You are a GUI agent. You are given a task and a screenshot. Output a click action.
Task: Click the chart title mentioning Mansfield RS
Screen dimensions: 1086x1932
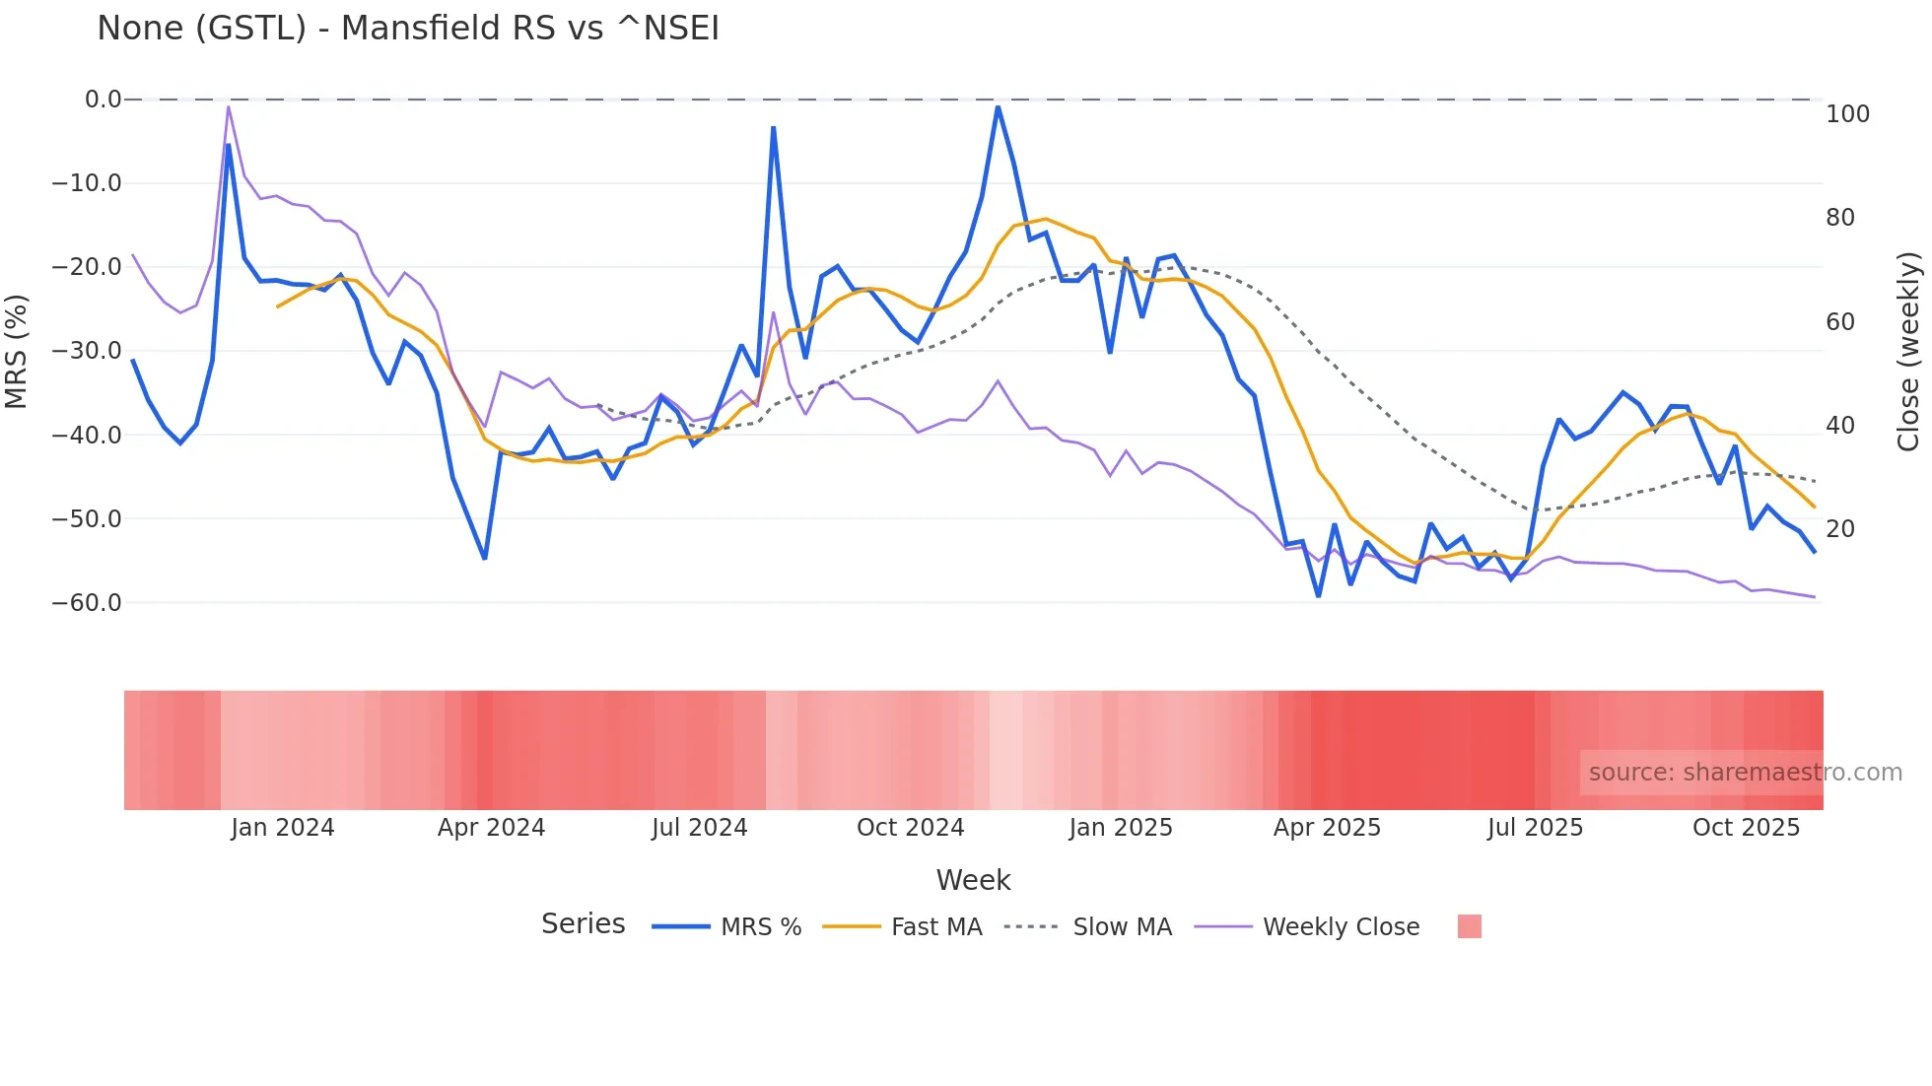pos(408,28)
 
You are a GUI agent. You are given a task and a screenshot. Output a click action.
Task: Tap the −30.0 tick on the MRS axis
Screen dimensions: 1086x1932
pos(87,351)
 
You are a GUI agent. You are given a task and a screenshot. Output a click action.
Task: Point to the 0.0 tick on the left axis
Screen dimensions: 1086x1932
pos(103,100)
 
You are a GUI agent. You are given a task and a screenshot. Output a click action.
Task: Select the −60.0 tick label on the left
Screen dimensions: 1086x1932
pos(87,602)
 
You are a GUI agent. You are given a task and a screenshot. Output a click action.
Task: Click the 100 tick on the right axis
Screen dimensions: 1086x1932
pos(1847,114)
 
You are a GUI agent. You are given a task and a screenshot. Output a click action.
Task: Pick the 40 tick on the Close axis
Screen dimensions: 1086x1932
pos(1839,426)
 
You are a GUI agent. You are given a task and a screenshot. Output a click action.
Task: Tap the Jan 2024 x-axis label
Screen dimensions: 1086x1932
pos(283,828)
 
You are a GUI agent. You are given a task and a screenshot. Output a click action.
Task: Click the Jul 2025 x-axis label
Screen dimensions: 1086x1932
pos(1535,828)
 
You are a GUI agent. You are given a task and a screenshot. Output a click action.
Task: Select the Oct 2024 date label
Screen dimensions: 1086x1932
pos(910,828)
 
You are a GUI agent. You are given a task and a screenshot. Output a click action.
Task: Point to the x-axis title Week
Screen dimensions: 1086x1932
pos(973,880)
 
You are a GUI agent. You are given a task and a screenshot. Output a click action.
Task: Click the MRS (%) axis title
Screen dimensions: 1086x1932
pos(17,351)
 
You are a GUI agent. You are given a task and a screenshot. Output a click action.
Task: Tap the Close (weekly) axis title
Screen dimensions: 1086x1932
pos(1908,351)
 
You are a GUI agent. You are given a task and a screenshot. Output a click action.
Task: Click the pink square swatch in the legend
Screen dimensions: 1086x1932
pos(1469,926)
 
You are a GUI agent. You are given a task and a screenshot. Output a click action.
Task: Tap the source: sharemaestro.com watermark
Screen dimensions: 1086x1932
pos(1745,773)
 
